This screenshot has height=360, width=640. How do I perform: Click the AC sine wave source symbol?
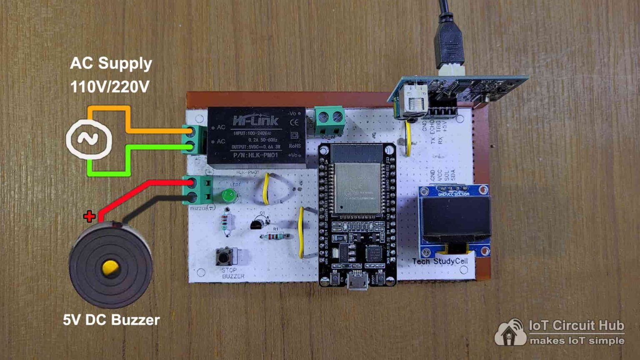coord(89,139)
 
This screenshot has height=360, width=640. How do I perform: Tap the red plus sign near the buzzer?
coord(89,216)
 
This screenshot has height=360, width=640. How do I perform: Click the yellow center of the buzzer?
coord(110,267)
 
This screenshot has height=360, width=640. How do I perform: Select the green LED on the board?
coord(228,195)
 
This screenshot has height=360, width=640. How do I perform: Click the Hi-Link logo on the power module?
coord(255,121)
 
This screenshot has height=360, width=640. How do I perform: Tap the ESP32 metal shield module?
coord(357,187)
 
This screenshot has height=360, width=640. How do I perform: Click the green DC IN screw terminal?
coord(330,121)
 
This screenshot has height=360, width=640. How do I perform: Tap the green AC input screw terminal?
coord(194,139)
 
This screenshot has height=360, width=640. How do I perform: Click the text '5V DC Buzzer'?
coord(111,320)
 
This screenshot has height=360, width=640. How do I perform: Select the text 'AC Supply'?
coord(111,63)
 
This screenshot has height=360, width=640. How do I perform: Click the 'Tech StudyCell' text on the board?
coord(440,261)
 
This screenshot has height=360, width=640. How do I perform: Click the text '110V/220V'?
coord(110,87)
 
